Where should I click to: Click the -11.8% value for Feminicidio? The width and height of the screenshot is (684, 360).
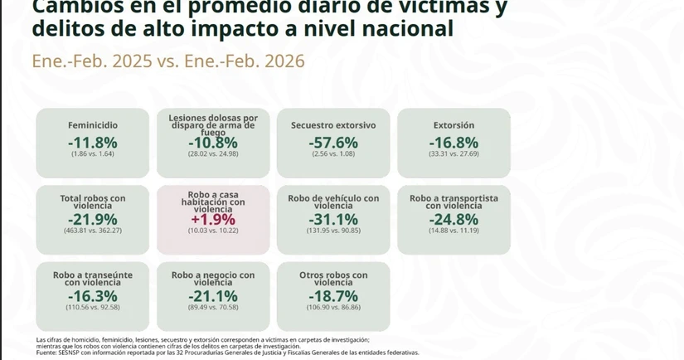pyautogui.click(x=93, y=143)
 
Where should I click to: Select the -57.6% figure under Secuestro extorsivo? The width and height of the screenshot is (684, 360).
pyautogui.click(x=333, y=143)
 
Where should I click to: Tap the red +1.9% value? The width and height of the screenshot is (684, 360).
pyautogui.click(x=213, y=220)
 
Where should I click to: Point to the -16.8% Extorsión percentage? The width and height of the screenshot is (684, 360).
pyautogui.click(x=454, y=143)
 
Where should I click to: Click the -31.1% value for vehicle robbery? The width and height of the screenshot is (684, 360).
pyautogui.click(x=333, y=219)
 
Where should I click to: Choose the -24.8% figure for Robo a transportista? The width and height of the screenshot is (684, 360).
pyautogui.click(x=454, y=219)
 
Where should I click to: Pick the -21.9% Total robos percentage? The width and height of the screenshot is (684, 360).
pyautogui.click(x=93, y=219)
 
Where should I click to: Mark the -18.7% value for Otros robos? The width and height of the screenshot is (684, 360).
pyautogui.click(x=333, y=296)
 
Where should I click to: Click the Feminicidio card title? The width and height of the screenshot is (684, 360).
pyautogui.click(x=93, y=125)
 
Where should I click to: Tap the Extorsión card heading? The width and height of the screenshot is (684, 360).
pyautogui.click(x=454, y=125)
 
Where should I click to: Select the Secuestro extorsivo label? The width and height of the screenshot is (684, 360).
pyautogui.click(x=333, y=125)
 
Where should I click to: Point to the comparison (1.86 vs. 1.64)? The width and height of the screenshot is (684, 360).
pyautogui.click(x=93, y=154)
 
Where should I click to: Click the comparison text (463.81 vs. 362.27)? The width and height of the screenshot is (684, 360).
pyautogui.click(x=93, y=230)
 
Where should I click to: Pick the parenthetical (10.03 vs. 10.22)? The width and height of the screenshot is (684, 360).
pyautogui.click(x=213, y=231)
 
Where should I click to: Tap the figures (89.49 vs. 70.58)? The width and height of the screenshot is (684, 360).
pyautogui.click(x=213, y=307)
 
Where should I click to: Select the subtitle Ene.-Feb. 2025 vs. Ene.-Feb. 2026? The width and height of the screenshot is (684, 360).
pyautogui.click(x=168, y=61)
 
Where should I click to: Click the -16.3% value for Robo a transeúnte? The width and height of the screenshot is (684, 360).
pyautogui.click(x=93, y=296)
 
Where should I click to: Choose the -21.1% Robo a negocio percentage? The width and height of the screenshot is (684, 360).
pyautogui.click(x=213, y=296)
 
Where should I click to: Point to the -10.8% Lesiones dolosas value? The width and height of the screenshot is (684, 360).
pyautogui.click(x=213, y=143)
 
